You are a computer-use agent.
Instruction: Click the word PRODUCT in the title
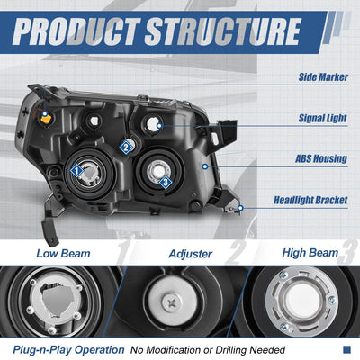point(76,31)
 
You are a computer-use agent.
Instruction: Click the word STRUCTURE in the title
point(223,31)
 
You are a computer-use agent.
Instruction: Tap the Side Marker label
point(323,77)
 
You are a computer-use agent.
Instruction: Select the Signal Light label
point(323,118)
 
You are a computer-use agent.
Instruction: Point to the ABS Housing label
point(321,158)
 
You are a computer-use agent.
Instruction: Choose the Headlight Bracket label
point(310,200)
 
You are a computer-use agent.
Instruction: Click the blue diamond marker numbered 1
point(76,171)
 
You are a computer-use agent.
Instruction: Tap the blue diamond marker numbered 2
point(126,148)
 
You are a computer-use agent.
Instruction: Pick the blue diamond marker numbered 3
point(166,182)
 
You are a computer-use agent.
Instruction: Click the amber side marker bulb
point(45,119)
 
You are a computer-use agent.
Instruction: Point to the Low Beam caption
point(63,254)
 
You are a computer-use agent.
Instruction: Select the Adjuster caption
point(191,254)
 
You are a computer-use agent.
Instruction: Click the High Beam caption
point(310,253)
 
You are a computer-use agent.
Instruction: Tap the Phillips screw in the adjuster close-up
point(171,302)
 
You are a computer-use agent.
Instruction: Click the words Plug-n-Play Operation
point(68,350)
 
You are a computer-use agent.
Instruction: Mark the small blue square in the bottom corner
point(346,349)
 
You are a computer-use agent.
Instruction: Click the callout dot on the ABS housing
point(205,166)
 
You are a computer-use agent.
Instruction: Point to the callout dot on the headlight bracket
point(240,208)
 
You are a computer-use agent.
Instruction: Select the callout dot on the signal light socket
point(159,126)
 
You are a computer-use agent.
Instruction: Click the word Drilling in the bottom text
point(231,350)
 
